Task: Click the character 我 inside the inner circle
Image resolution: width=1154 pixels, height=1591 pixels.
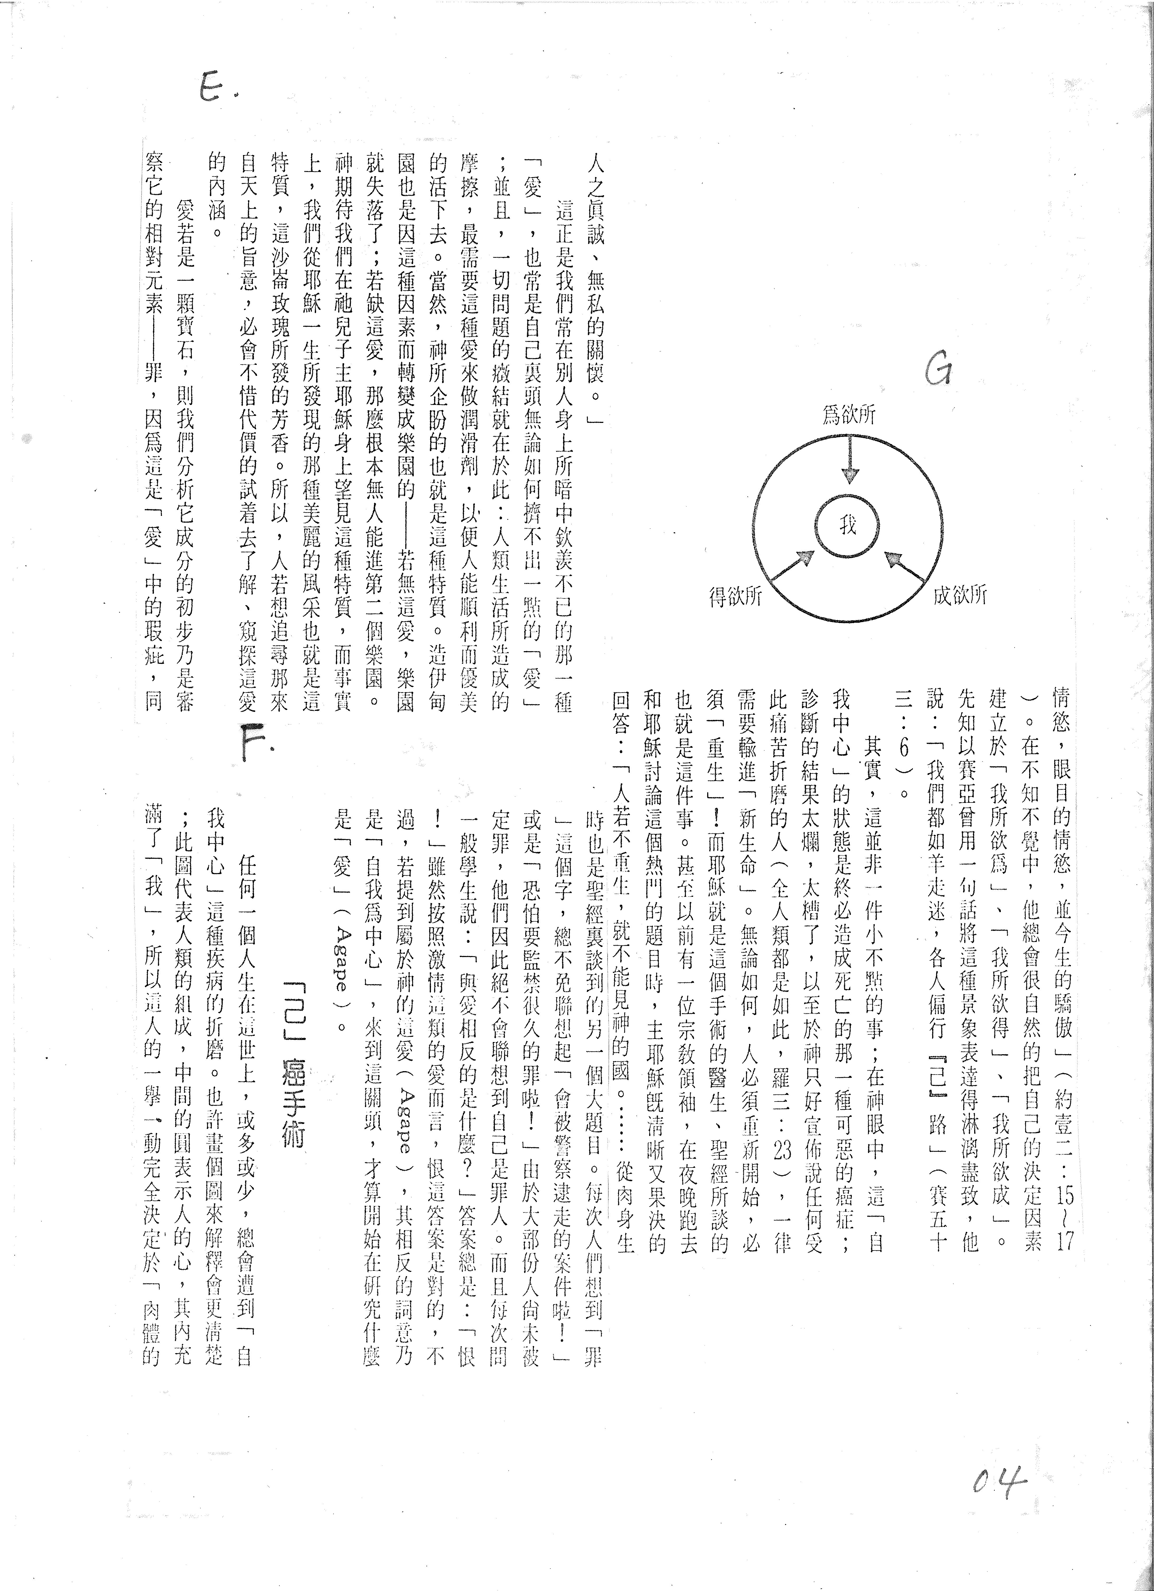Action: [x=848, y=525]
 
